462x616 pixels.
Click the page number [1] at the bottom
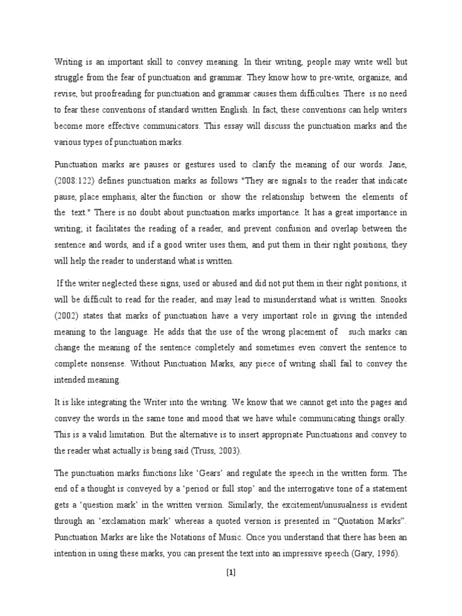click(x=230, y=573)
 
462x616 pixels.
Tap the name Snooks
click(x=393, y=313)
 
